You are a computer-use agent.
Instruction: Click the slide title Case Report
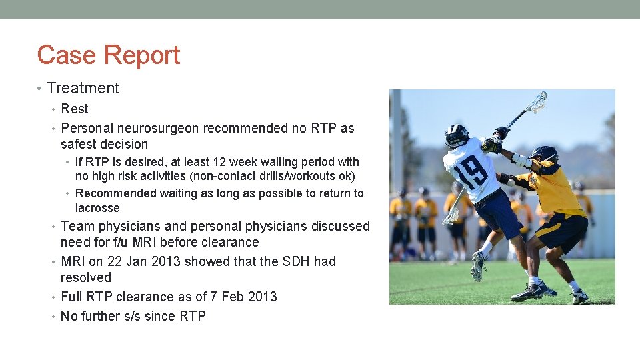click(109, 55)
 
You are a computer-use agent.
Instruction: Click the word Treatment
click(83, 88)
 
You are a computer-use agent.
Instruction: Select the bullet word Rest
click(74, 109)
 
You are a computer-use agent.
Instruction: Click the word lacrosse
click(97, 208)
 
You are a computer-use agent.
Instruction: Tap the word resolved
click(86, 277)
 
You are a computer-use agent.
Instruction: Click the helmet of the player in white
click(457, 135)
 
